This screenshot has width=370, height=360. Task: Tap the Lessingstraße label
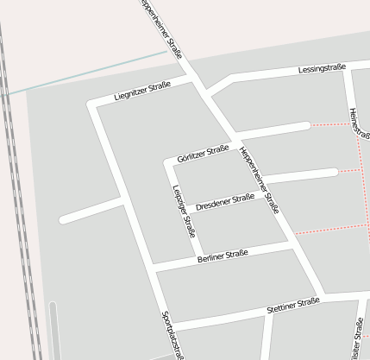[322, 68]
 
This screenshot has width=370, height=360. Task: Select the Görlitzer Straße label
[203, 154]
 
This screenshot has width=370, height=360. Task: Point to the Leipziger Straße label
[184, 212]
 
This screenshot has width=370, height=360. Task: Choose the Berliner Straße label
[223, 256]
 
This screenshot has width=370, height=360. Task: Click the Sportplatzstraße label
[172, 332]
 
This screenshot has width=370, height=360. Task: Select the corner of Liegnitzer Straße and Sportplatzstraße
[93, 104]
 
